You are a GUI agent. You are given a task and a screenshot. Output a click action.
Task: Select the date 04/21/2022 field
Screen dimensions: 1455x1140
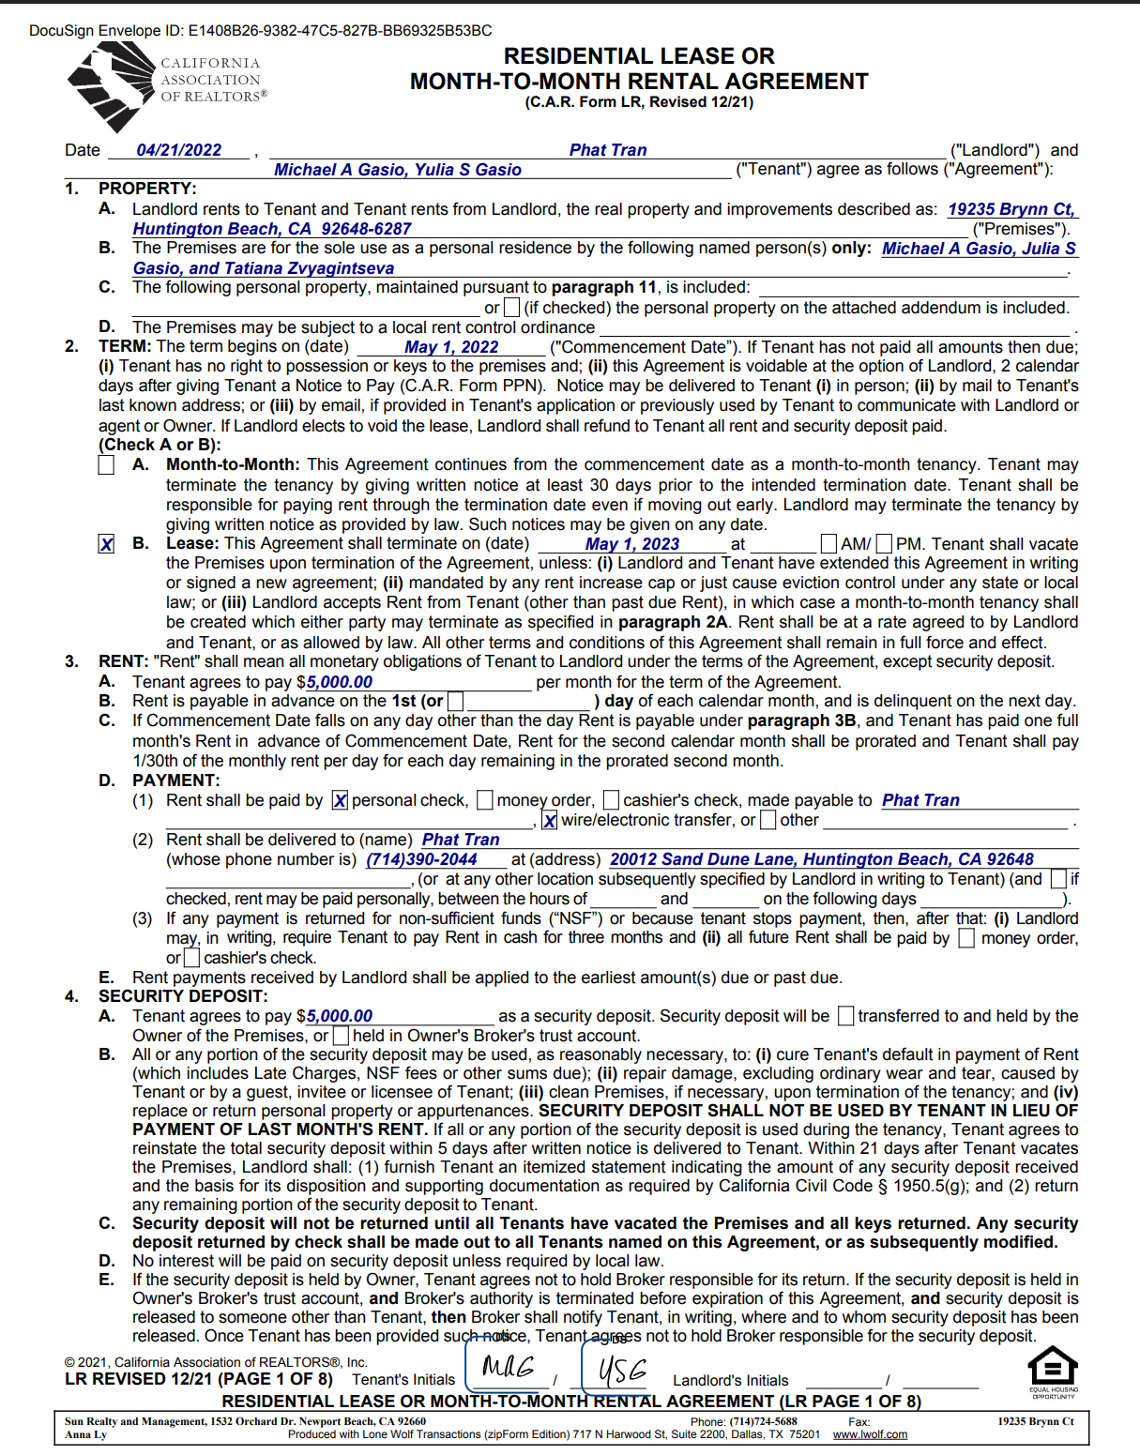point(179,150)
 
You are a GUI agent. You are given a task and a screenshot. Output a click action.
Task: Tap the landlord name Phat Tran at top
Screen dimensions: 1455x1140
point(607,150)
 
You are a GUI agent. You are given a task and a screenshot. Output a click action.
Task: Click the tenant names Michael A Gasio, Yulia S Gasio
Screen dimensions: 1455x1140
point(397,170)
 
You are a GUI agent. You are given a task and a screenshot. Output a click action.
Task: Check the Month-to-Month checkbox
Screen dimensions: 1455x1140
point(107,465)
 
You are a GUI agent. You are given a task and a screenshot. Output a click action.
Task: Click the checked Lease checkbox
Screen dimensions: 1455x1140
point(107,545)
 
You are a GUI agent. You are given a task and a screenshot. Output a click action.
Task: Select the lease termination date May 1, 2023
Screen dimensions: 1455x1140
point(631,544)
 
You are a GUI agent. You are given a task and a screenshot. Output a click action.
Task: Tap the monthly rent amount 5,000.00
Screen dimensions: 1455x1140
point(339,682)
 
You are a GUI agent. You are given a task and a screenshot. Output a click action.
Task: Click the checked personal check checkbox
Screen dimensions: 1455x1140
point(340,800)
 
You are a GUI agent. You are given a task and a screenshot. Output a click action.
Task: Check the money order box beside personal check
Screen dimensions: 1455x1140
point(485,800)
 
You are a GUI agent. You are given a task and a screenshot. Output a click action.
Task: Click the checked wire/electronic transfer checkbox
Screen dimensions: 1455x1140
point(550,821)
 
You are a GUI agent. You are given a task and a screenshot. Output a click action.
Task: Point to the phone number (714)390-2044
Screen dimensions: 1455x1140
point(421,859)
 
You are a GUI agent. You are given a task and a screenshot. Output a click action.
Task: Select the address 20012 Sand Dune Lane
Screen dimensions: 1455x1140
point(821,859)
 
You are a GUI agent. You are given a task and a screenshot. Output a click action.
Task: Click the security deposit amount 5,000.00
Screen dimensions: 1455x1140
point(339,1016)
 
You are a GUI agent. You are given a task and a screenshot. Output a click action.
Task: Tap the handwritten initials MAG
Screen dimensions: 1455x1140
point(508,1367)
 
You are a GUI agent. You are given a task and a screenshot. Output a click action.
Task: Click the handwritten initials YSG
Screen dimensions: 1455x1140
point(622,1371)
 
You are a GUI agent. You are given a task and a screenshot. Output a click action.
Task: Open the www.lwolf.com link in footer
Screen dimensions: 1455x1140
point(870,1434)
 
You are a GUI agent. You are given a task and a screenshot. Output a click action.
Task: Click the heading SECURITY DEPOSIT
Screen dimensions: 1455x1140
point(183,996)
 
